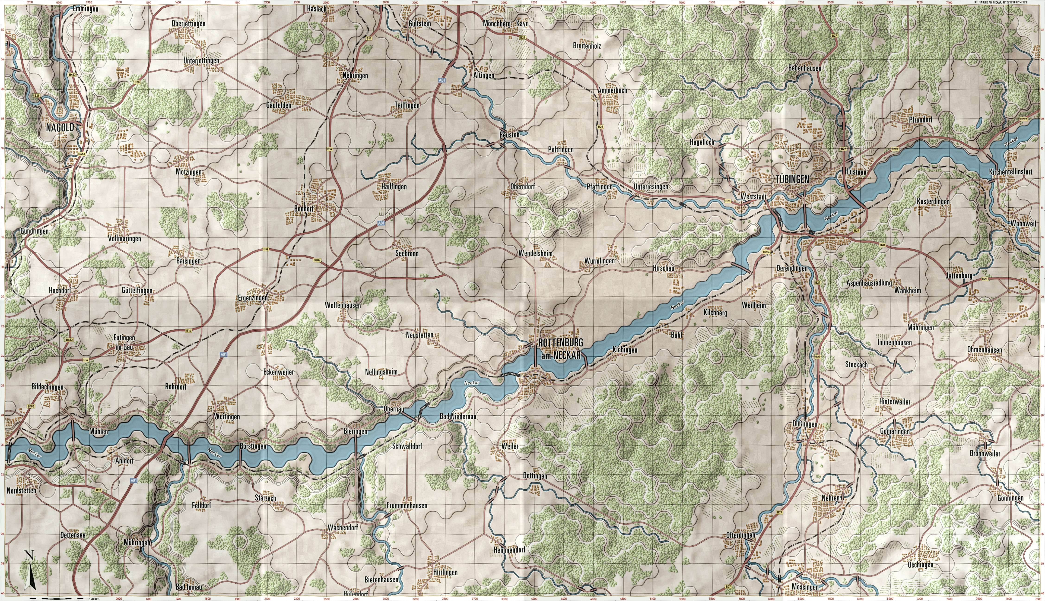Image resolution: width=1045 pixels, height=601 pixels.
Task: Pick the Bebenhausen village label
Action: pos(804,68)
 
